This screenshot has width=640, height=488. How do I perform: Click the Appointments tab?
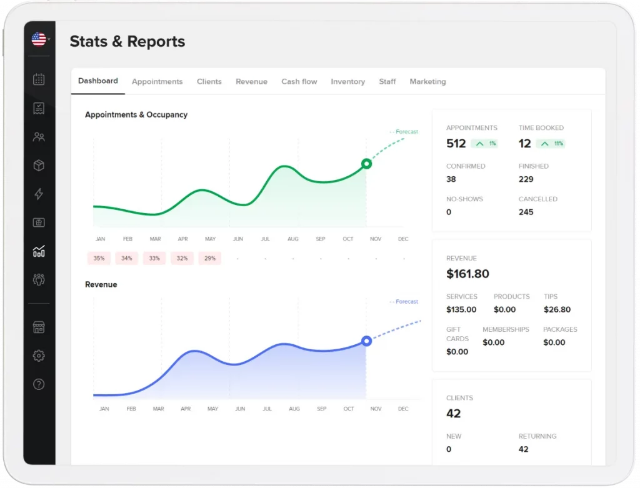pyautogui.click(x=157, y=82)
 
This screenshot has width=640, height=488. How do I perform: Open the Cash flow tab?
pyautogui.click(x=299, y=82)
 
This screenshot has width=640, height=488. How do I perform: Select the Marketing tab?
pyautogui.click(x=427, y=82)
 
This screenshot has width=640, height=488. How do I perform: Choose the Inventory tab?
pyautogui.click(x=347, y=82)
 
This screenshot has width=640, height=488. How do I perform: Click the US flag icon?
pyautogui.click(x=39, y=40)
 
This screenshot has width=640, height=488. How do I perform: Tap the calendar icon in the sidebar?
pyautogui.click(x=39, y=79)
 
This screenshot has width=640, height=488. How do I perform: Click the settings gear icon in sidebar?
pyautogui.click(x=39, y=356)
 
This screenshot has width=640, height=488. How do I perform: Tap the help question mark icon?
pyautogui.click(x=39, y=384)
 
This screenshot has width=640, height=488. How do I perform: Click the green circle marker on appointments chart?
pyautogui.click(x=367, y=164)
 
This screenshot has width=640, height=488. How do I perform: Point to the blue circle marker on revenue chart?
pyautogui.click(x=367, y=341)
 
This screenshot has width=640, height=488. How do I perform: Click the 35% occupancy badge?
pyautogui.click(x=99, y=258)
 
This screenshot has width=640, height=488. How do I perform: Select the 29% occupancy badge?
pyautogui.click(x=209, y=258)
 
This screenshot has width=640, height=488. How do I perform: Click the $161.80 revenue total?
pyautogui.click(x=467, y=274)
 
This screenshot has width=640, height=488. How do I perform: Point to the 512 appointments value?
pyautogui.click(x=456, y=144)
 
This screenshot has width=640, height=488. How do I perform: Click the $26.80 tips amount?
pyautogui.click(x=557, y=309)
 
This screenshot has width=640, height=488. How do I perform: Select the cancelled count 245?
pyautogui.click(x=526, y=212)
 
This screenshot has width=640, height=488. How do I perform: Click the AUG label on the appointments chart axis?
pyautogui.click(x=293, y=239)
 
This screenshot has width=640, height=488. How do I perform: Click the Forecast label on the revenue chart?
pyautogui.click(x=406, y=302)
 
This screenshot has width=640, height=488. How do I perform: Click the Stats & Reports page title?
pyautogui.click(x=127, y=42)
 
